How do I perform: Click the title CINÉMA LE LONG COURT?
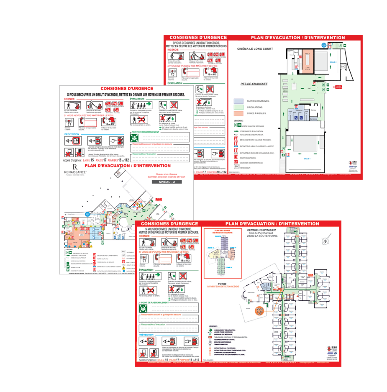(255, 49)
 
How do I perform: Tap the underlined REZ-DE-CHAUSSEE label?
(254, 84)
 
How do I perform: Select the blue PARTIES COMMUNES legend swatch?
(238, 101)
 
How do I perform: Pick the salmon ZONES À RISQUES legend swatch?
(238, 113)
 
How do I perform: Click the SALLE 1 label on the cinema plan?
(307, 159)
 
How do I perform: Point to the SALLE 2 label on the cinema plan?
(333, 62)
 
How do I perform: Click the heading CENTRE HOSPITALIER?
(261, 230)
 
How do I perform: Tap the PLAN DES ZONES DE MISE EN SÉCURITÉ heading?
(223, 233)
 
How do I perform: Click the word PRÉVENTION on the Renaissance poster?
(72, 134)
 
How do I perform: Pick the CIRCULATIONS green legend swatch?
(238, 107)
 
